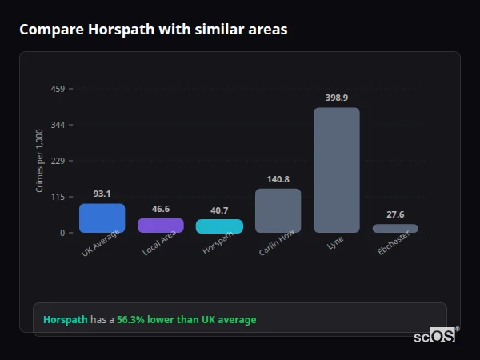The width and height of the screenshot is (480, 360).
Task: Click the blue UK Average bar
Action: [102, 218]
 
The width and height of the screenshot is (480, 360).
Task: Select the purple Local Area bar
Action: [161, 225]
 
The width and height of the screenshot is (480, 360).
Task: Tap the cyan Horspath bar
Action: [219, 226]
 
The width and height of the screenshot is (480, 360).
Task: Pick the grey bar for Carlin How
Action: [278, 210]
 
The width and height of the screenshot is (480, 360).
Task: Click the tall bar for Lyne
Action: [336, 170]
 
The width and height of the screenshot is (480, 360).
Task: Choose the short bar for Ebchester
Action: [395, 228]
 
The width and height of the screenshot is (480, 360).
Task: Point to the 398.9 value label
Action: [337, 98]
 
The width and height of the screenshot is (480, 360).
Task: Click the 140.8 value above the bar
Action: [278, 179]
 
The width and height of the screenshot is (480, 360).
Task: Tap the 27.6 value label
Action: [395, 214]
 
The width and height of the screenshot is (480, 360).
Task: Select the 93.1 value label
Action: [102, 194]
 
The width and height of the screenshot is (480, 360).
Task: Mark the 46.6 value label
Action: [161, 209]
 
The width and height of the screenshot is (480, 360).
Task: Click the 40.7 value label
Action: [219, 210]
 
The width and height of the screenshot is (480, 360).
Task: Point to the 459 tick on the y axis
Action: [57, 89]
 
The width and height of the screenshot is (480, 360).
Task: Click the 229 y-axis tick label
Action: [57, 161]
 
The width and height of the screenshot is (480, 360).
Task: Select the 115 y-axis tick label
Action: [57, 197]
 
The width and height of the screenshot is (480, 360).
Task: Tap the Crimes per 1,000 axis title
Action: [40, 161]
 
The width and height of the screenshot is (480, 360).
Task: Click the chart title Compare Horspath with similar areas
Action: [153, 30]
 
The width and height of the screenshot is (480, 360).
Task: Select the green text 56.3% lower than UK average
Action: [186, 320]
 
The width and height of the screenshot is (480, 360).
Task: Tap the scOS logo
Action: [435, 336]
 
